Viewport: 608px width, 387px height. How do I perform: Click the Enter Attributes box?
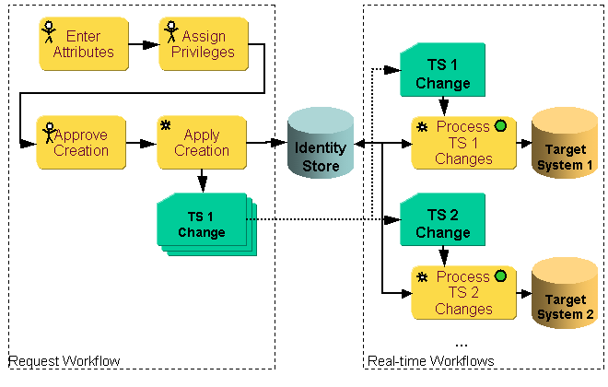click(x=84, y=44)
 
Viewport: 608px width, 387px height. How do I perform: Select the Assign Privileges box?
click(x=204, y=44)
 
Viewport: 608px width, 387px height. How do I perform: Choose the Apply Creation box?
click(x=202, y=142)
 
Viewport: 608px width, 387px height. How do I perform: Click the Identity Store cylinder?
click(x=321, y=147)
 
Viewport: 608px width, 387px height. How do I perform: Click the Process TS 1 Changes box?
click(x=463, y=143)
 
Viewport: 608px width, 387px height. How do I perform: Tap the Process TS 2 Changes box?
click(x=463, y=293)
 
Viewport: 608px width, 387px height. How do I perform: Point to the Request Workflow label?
click(x=64, y=360)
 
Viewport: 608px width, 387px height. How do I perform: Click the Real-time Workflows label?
click(x=430, y=360)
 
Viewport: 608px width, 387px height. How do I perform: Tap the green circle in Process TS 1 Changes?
click(x=500, y=126)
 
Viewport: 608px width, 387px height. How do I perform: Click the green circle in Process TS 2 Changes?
click(x=500, y=276)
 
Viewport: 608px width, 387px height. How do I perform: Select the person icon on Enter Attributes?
click(x=49, y=33)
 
